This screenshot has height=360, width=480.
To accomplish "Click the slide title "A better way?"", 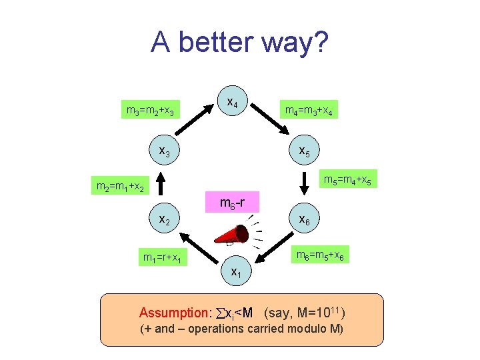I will point(239,43).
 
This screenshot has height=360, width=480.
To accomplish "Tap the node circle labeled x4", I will point(231,103).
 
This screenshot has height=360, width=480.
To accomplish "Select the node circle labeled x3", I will point(162,152).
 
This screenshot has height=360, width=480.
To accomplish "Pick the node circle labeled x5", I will point(304,152).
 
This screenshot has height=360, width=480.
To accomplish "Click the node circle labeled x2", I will point(162,219).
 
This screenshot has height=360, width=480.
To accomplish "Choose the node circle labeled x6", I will point(304,219).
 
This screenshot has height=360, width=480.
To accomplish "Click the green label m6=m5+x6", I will point(320,256).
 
